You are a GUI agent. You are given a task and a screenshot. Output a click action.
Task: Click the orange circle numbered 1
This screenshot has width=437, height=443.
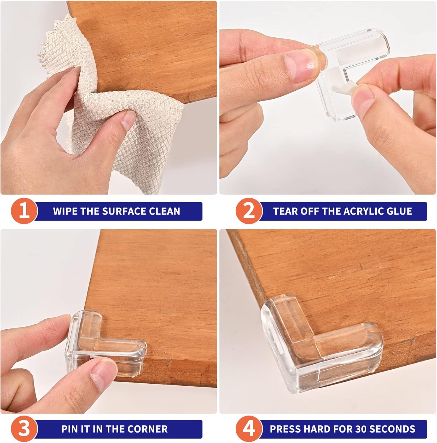[24, 211]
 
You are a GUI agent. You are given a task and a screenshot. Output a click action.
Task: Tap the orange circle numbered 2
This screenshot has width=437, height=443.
[249, 211]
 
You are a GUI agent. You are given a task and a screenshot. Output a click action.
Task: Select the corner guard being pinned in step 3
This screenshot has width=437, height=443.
[103, 343]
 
